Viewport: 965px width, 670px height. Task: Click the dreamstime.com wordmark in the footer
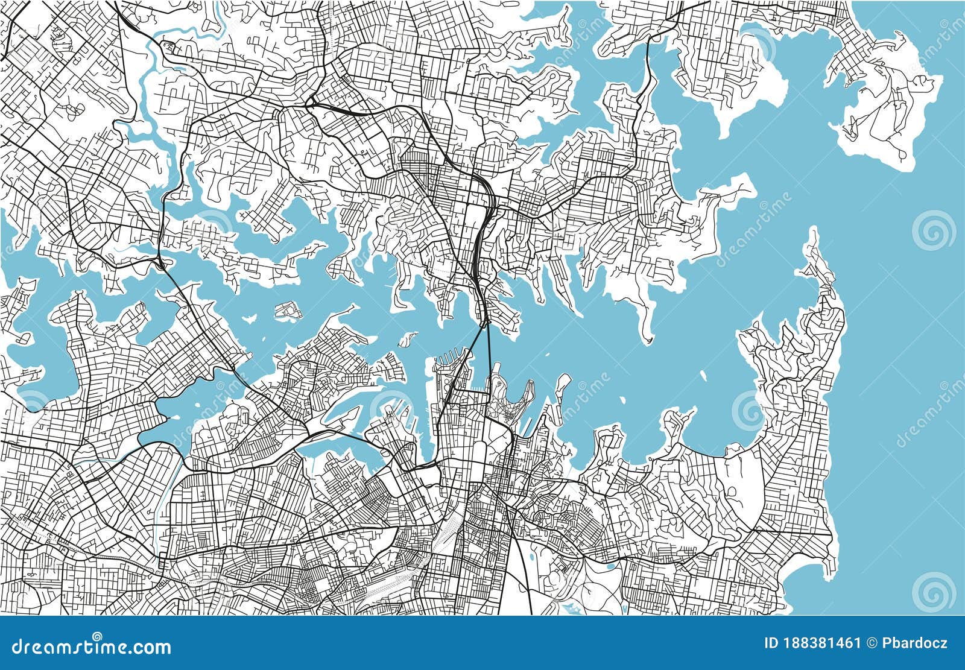[x=86, y=648]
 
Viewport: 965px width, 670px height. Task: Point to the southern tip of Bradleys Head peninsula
[x=649, y=338]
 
